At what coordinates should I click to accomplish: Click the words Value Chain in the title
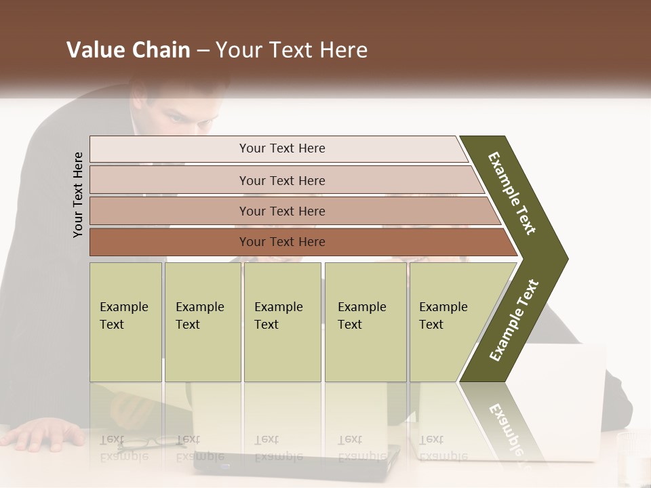point(128,50)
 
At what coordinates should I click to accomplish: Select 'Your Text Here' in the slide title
point(292,50)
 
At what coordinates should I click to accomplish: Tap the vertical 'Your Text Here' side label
point(78,195)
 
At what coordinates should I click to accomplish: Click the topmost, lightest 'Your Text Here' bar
point(281,148)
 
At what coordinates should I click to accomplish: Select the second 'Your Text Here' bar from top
point(281,180)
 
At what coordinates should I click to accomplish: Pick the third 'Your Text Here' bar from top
point(281,211)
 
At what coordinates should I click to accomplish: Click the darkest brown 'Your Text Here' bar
point(281,242)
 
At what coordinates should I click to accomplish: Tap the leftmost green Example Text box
point(125,322)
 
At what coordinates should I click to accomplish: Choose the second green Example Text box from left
point(202,322)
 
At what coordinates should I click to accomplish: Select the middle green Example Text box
point(282,322)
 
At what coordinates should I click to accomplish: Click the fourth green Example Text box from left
point(365,322)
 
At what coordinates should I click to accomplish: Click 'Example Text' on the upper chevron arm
point(512,193)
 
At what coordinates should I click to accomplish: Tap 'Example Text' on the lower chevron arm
point(514,320)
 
